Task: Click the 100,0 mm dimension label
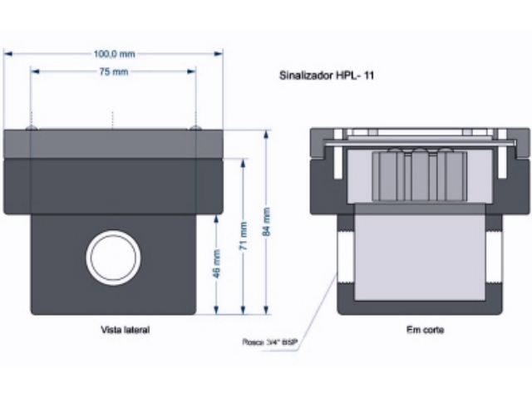click(113, 54)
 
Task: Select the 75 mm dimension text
click(113, 72)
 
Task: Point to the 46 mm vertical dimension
click(217, 263)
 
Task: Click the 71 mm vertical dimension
click(243, 238)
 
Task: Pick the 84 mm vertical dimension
click(267, 222)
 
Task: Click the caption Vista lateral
click(126, 330)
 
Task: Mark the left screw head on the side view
click(31, 127)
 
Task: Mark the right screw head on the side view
click(195, 127)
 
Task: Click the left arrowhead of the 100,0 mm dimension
click(7, 54)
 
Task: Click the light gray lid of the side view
click(115, 144)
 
